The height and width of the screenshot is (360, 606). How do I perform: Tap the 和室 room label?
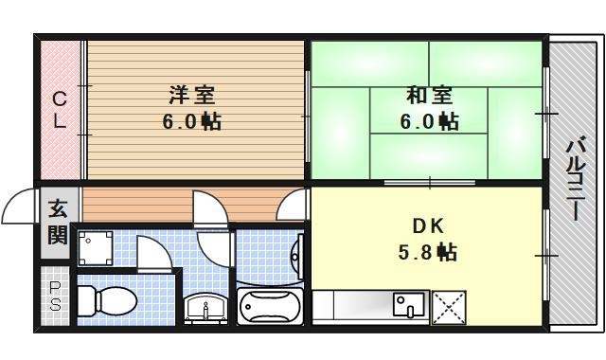tap(429, 95)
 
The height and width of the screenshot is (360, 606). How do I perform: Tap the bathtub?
tap(270, 307)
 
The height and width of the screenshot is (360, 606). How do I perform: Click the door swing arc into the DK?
tap(295, 205)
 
